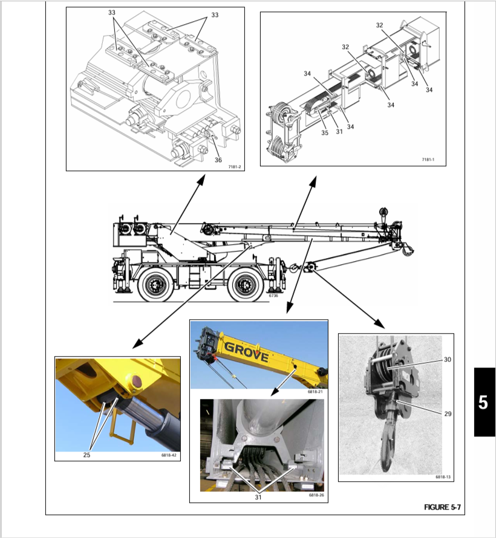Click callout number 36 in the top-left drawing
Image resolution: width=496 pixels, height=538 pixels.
coord(218,160)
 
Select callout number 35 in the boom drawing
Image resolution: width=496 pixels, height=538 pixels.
coord(325,132)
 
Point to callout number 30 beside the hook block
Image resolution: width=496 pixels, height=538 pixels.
coord(447,360)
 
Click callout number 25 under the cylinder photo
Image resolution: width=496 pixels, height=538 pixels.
coord(86,455)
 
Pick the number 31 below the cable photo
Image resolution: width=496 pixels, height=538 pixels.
coord(258,498)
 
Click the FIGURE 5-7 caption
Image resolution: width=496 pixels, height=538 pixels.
coord(442,507)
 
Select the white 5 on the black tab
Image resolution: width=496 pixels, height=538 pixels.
coord(483,403)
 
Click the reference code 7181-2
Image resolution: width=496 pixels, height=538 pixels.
coord(235,167)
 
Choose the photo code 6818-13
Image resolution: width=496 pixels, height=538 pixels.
coord(443,477)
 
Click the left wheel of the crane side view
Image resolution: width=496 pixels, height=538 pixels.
coord(155,285)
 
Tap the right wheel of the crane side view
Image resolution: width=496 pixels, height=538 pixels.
coord(246,285)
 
